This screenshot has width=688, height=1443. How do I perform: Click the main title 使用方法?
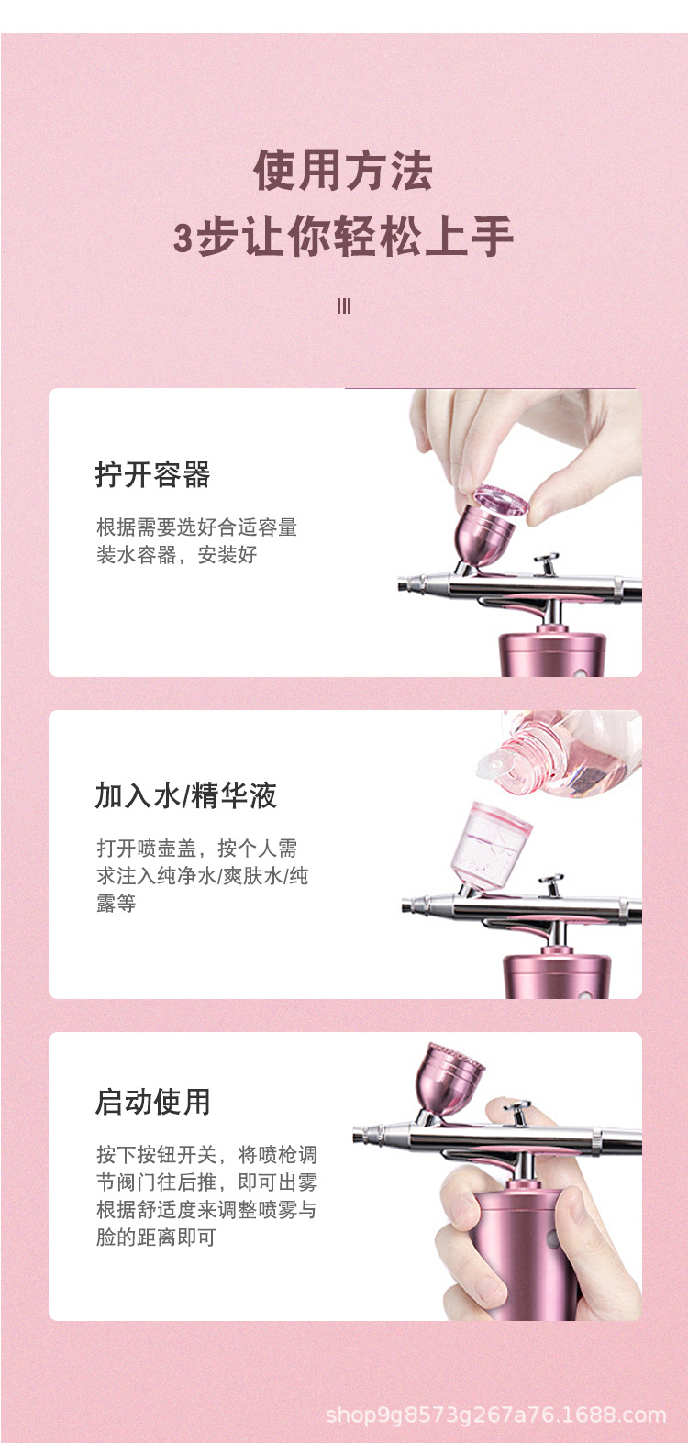(x=343, y=172)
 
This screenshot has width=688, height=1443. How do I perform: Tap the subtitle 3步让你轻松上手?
(x=343, y=238)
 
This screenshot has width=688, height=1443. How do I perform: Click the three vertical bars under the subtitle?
(x=344, y=306)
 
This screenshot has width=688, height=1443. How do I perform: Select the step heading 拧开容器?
(x=152, y=474)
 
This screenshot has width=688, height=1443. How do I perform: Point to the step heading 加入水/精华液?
(x=186, y=795)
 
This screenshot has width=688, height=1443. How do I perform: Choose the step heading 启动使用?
(x=152, y=1102)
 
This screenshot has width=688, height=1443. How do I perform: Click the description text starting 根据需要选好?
(x=196, y=540)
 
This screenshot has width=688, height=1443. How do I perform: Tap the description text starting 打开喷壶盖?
(x=202, y=875)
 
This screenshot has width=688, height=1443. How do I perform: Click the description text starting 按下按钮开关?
(x=206, y=1195)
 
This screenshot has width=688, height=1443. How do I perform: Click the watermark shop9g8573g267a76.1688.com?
(x=495, y=1415)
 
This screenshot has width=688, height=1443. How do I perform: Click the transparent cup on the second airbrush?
(x=495, y=844)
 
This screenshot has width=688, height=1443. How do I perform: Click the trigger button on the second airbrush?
(x=550, y=882)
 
